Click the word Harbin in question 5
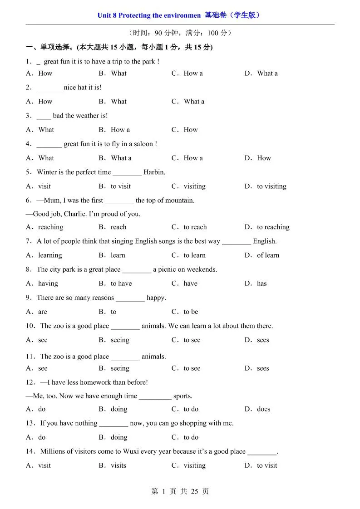tap(154, 172)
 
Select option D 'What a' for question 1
tap(267, 73)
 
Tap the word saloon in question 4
tap(144, 144)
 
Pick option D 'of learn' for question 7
tap(268, 255)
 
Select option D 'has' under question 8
tap(261, 284)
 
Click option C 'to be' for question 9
tap(191, 312)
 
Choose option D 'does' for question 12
tap(263, 409)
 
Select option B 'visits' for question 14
tap(118, 465)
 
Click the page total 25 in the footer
tap(194, 491)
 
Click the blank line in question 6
tap(119, 201)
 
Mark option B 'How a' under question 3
tap(120, 130)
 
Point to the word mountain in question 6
tap(180, 201)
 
